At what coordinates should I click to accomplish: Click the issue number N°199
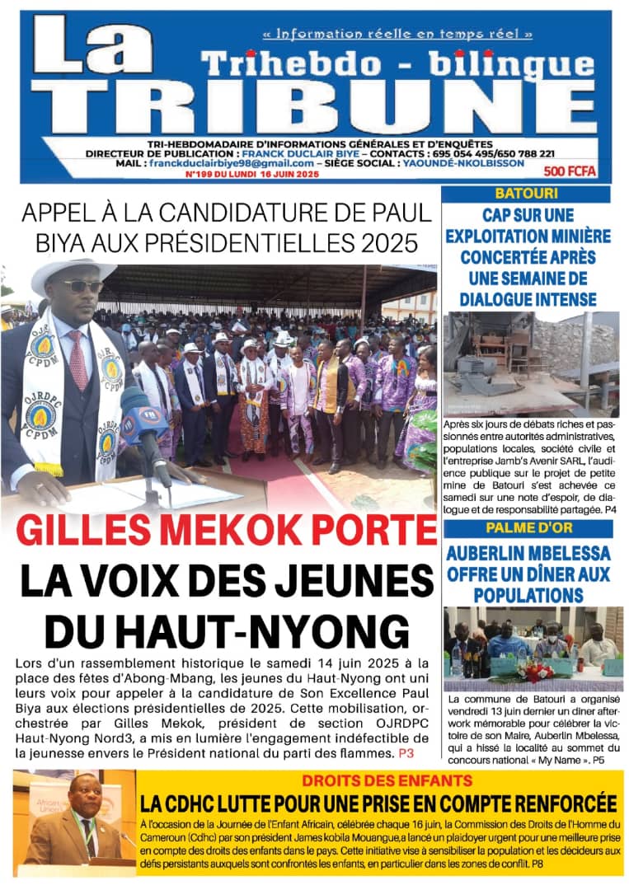pos(203,174)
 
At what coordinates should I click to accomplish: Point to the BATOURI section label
pos(527,194)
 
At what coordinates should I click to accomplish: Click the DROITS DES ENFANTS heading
pos(386,780)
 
